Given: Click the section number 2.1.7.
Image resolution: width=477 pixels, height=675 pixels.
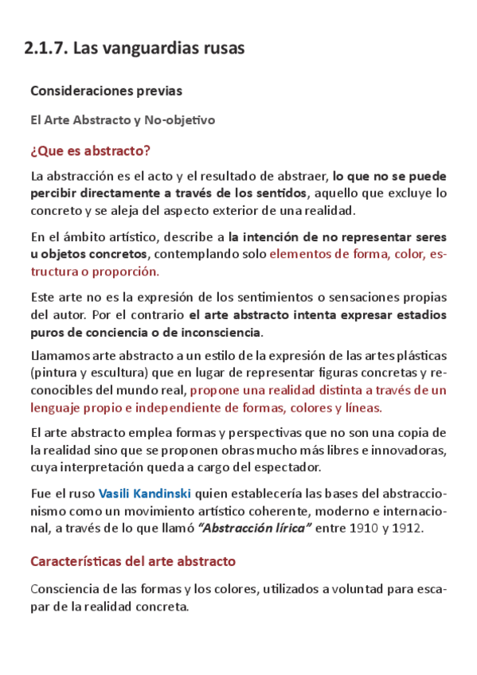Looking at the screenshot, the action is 45,49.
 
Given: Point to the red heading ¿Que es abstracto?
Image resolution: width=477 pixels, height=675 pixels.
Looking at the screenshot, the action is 90,151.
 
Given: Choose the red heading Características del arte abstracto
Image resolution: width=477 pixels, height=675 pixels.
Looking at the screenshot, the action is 133,561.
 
